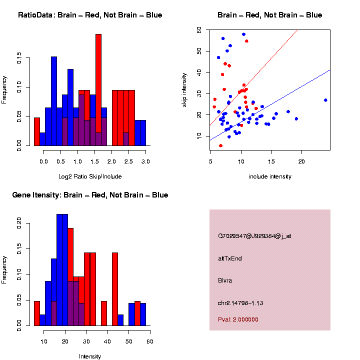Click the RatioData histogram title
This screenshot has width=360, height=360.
click(x=90, y=15)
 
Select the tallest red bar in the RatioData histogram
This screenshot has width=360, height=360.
click(x=98, y=90)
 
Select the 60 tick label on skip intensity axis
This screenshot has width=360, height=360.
click(x=199, y=30)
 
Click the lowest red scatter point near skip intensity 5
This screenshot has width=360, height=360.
click(x=220, y=145)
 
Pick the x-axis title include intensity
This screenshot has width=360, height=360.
click(x=269, y=176)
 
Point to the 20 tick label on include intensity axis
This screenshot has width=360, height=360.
click(x=301, y=161)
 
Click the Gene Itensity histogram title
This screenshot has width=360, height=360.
click(x=90, y=195)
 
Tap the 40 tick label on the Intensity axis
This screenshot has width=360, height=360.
click(x=107, y=341)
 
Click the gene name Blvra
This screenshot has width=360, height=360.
click(x=225, y=280)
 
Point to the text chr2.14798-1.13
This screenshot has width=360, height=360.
click(x=240, y=303)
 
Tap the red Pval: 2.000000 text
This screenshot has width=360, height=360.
click(x=238, y=319)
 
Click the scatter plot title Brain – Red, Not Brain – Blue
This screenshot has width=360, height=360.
click(x=269, y=15)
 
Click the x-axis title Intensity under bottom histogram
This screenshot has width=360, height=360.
click(x=90, y=356)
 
